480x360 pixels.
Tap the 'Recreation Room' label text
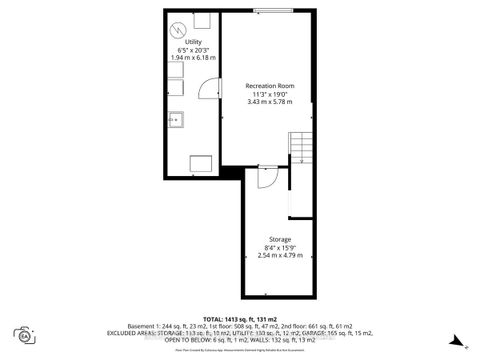(x=269, y=86)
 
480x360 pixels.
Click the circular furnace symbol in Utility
(x=177, y=27)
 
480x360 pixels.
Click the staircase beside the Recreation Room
(x=301, y=150)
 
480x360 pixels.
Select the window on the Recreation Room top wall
(x=266, y=10)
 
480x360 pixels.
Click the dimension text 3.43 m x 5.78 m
(x=269, y=103)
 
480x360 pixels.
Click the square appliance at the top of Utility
(x=201, y=20)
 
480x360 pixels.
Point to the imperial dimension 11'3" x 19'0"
(x=269, y=95)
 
